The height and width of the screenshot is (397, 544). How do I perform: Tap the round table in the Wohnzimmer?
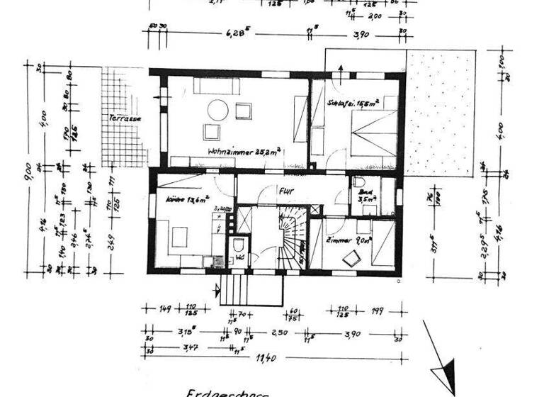coord(217,110)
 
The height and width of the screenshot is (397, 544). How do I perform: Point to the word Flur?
coord(286,189)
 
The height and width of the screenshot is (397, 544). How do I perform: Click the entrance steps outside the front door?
coord(237,291)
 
